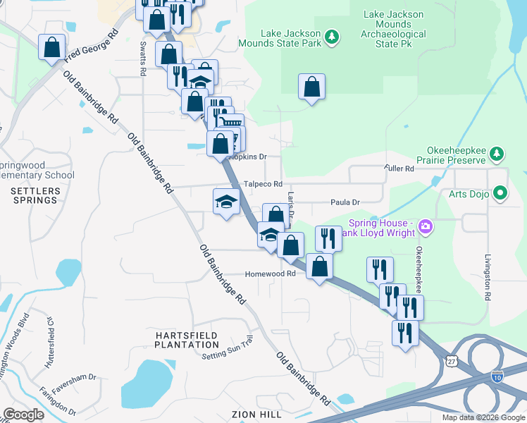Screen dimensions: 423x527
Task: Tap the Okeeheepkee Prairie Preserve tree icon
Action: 497,154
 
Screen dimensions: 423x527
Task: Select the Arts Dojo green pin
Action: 501,192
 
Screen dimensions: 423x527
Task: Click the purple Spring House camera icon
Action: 425,226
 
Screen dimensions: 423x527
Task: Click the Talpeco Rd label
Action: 263,184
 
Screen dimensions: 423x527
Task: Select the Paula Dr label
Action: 345,202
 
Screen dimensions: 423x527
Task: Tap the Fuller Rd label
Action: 399,168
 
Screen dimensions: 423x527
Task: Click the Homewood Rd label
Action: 270,274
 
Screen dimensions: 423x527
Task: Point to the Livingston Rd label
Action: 488,277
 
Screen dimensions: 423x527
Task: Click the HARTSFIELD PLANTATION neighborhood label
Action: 187,340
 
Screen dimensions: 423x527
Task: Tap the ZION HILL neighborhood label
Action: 243,415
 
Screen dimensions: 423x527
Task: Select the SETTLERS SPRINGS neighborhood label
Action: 34,195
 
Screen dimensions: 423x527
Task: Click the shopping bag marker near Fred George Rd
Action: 52,48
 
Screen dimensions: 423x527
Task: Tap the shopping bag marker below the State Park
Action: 311,87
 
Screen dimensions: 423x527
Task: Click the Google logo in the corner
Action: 23,415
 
